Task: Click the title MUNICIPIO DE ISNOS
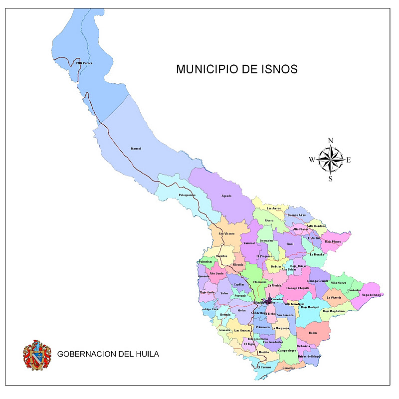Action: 237,69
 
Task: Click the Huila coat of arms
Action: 37,355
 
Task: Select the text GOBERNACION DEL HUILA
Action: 108,355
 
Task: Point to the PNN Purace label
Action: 84,63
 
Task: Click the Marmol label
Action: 136,149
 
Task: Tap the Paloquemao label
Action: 187,195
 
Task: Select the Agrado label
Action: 226,196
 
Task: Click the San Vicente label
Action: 226,233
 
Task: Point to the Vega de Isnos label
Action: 372,295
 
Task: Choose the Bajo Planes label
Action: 333,241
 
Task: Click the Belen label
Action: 313,333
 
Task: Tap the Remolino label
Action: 289,368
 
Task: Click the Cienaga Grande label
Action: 318,281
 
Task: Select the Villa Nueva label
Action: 338,282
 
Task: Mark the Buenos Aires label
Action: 296,215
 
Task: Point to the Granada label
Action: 224,330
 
